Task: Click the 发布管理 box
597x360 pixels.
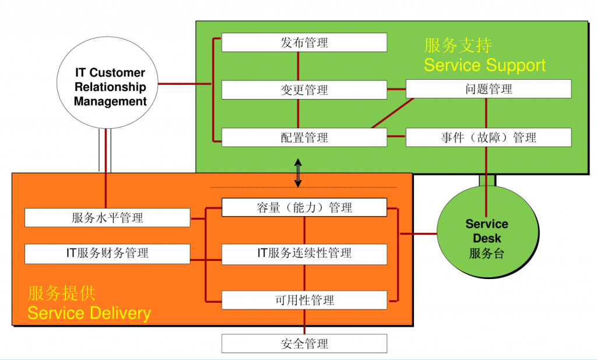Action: [x=304, y=43]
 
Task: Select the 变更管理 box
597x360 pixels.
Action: [x=304, y=90]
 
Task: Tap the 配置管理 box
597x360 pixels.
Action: [x=304, y=137]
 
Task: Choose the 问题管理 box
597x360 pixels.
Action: [x=489, y=89]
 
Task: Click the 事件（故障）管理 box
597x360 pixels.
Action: [x=489, y=137]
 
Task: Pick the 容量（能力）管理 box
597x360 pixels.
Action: [x=304, y=207]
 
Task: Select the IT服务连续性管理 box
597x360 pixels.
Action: [x=304, y=253]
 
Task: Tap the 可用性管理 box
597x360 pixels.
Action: [x=304, y=300]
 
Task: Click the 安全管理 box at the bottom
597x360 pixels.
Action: [x=304, y=344]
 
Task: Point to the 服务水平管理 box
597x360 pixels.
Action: [x=107, y=218]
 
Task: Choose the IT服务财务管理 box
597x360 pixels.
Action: [x=107, y=253]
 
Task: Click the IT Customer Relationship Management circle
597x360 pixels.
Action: [x=110, y=87]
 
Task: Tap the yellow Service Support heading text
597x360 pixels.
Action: [x=484, y=65]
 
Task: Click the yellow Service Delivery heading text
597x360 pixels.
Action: [x=89, y=313]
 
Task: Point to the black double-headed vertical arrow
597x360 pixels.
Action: [x=298, y=173]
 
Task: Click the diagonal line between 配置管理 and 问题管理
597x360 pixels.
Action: [x=392, y=113]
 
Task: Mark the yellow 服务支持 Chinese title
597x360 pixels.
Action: [x=458, y=45]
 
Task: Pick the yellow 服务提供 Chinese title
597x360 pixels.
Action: [x=62, y=293]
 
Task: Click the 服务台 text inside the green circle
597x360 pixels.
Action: [x=487, y=253]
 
